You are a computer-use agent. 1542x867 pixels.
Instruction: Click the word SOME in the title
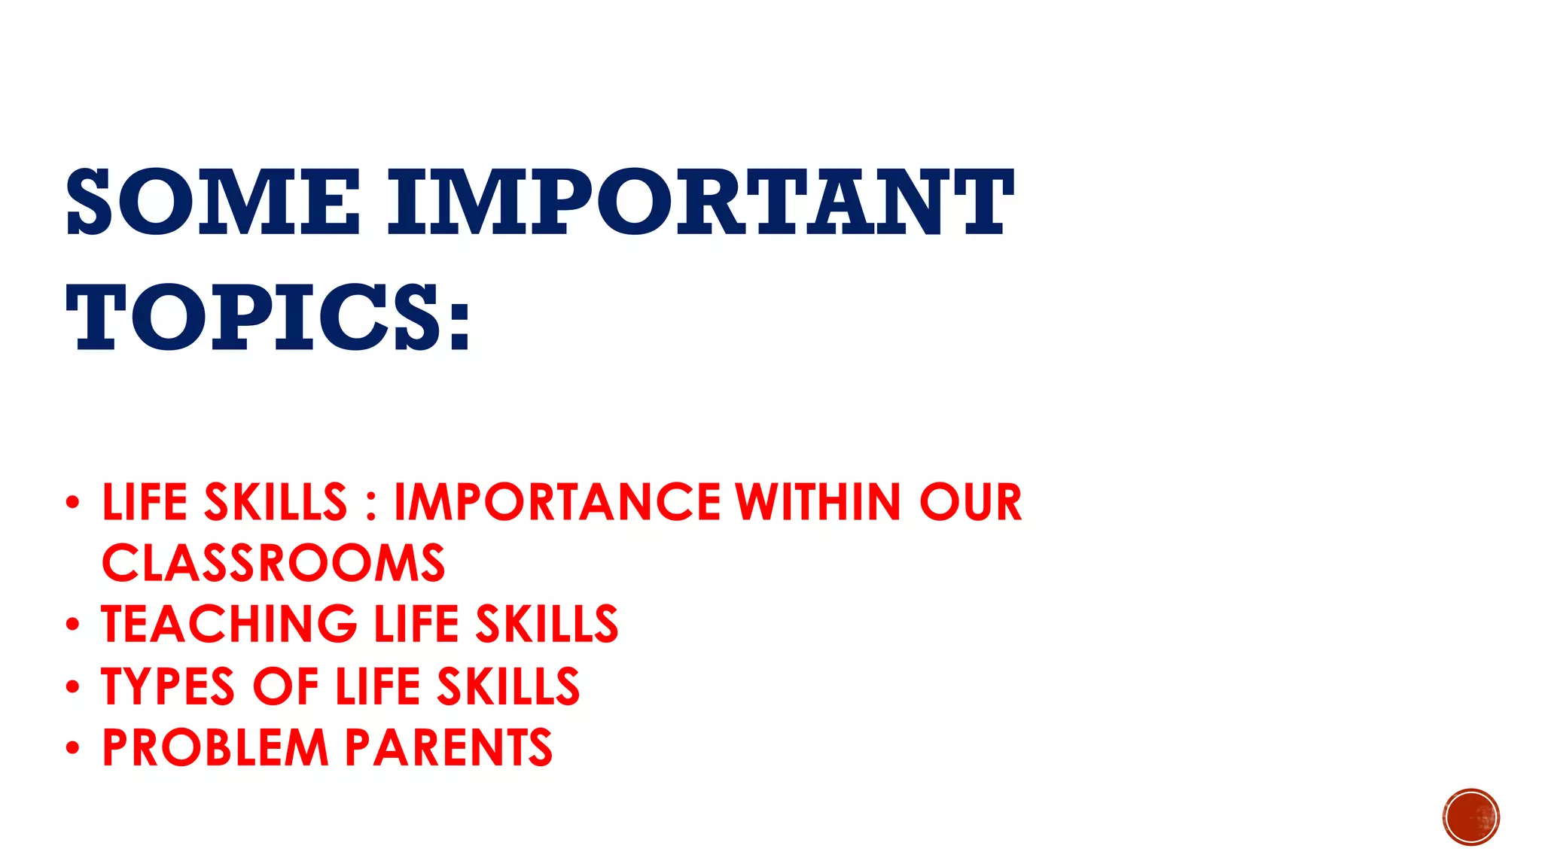[213, 202]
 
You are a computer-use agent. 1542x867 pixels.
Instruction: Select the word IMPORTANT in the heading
[700, 202]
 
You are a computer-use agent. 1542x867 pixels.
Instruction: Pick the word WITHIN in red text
[818, 502]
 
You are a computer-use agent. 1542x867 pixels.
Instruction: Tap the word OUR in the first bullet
[971, 502]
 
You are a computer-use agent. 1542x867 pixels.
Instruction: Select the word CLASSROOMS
[273, 564]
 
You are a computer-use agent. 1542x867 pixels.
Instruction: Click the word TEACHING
[230, 625]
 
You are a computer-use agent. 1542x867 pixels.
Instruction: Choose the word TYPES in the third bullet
[168, 686]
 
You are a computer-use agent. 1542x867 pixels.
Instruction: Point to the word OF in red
[285, 686]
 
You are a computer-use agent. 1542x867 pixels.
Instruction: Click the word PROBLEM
[215, 748]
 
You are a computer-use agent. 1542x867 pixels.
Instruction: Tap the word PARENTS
[449, 748]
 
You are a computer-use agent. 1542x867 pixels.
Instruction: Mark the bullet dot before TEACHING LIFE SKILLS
[72, 625]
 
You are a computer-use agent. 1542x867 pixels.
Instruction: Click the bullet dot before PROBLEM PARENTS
[72, 748]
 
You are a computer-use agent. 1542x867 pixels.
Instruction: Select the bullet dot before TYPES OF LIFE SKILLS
[72, 686]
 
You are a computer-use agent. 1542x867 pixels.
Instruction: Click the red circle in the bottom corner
[1471, 817]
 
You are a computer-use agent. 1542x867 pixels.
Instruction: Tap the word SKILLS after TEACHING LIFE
[547, 625]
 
